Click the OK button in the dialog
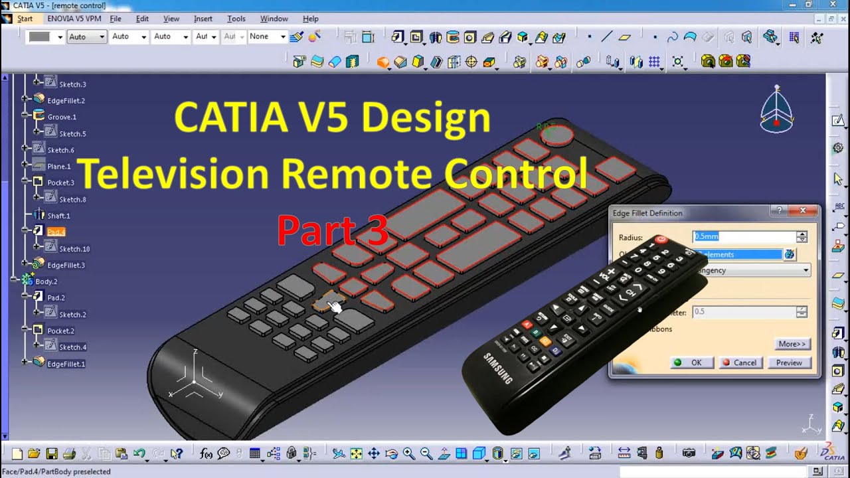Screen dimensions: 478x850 pos(691,362)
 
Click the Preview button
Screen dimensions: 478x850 pos(789,362)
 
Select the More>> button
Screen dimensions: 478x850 pos(792,344)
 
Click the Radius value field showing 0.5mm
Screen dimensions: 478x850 pos(744,236)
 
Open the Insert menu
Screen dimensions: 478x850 pos(203,19)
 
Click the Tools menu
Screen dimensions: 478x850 pos(236,19)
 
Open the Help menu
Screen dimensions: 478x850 pos(310,19)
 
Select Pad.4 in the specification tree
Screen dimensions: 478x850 pos(56,232)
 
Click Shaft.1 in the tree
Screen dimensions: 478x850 pos(58,216)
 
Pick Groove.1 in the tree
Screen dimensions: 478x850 pos(62,117)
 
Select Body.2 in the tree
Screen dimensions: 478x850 pos(46,281)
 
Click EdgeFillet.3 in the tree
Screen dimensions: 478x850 pos(66,265)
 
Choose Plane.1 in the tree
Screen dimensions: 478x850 pos(58,167)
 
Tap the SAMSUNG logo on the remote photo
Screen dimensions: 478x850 pos(497,368)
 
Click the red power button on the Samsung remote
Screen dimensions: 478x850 pos(661,240)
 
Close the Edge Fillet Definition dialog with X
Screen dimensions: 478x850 pos(803,211)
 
